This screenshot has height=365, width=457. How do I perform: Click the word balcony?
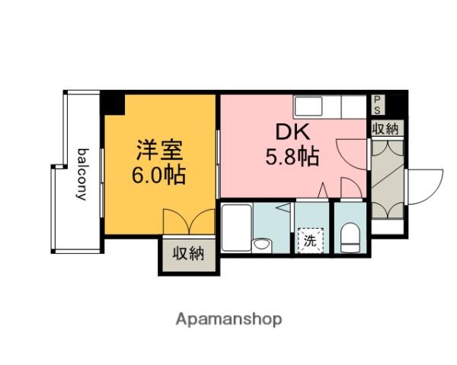pyautogui.click(x=81, y=173)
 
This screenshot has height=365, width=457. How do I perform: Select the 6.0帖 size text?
pyautogui.click(x=158, y=176)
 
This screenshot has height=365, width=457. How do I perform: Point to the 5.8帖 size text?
pyautogui.click(x=292, y=157)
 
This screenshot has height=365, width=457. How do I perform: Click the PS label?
pyautogui.click(x=378, y=103)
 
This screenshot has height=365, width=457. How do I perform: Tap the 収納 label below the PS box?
pyautogui.click(x=385, y=129)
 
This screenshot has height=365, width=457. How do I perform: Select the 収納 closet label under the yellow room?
pyautogui.click(x=187, y=254)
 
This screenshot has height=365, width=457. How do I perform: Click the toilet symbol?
pyautogui.click(x=350, y=238)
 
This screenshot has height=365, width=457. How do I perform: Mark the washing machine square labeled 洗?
pyautogui.click(x=310, y=241)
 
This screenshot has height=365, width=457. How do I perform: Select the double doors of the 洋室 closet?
pyautogui.click(x=189, y=222)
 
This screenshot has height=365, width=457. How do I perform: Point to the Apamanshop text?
pyautogui.click(x=228, y=319)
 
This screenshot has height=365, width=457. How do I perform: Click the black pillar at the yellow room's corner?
pyautogui.click(x=113, y=102)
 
